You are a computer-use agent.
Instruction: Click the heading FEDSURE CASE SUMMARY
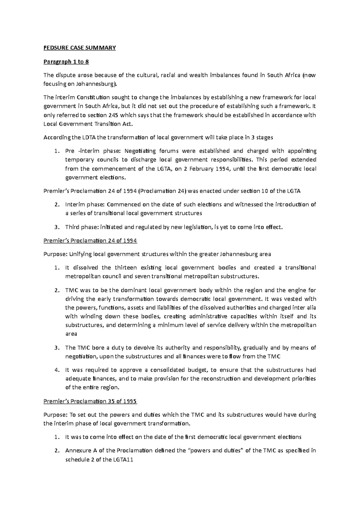79,48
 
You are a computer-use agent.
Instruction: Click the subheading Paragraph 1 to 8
66,62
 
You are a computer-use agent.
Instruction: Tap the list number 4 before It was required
57,370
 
